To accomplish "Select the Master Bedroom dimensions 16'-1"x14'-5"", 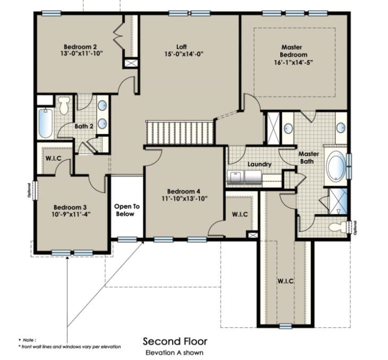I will point(294,62).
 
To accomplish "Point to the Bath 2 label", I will point(84,126).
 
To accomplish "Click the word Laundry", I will point(259,164).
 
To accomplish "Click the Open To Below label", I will point(126,210).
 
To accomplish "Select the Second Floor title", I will point(175,341).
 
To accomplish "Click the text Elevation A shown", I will point(175,352).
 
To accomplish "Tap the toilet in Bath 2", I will point(65,106).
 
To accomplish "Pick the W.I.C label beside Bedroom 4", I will point(240,214).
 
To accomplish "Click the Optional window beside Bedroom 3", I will point(33,190).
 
